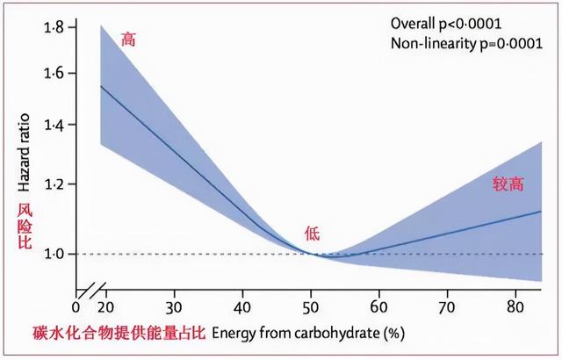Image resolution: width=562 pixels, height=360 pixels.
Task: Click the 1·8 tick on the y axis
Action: click(54, 28)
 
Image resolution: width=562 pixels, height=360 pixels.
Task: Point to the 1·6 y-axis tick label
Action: click(54, 73)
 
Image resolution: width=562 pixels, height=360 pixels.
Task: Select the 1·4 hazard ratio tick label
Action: click(54, 126)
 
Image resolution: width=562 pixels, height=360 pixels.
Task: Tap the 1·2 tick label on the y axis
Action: click(54, 184)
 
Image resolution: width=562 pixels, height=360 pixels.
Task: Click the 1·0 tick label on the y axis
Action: click(54, 254)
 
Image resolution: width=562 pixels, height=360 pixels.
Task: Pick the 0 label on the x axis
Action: click(76, 307)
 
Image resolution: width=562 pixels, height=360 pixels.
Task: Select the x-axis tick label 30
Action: click(174, 307)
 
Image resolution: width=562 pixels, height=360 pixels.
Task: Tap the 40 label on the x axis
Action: click(242, 307)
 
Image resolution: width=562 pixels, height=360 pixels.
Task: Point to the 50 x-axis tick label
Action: click(311, 307)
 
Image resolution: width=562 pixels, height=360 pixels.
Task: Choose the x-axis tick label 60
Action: click(379, 307)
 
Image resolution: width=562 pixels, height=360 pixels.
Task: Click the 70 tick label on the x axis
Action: click(448, 307)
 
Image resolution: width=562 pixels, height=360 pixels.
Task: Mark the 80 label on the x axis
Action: click(516, 307)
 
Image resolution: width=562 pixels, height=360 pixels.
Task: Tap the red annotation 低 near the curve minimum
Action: click(313, 233)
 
